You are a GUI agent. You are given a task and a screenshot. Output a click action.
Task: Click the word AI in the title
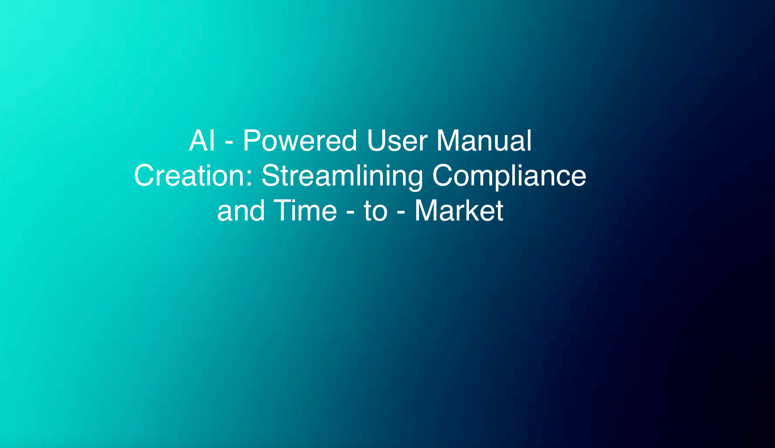(202, 140)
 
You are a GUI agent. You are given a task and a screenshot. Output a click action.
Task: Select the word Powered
(300, 140)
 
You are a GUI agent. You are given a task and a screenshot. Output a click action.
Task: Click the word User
(397, 140)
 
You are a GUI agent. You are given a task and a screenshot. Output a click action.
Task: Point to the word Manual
(484, 140)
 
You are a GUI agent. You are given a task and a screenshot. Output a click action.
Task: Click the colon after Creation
(249, 178)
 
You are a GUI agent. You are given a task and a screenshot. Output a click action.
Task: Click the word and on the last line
(241, 211)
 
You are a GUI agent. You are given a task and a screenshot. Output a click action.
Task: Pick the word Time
(305, 210)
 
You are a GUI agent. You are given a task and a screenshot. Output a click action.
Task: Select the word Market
(459, 210)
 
